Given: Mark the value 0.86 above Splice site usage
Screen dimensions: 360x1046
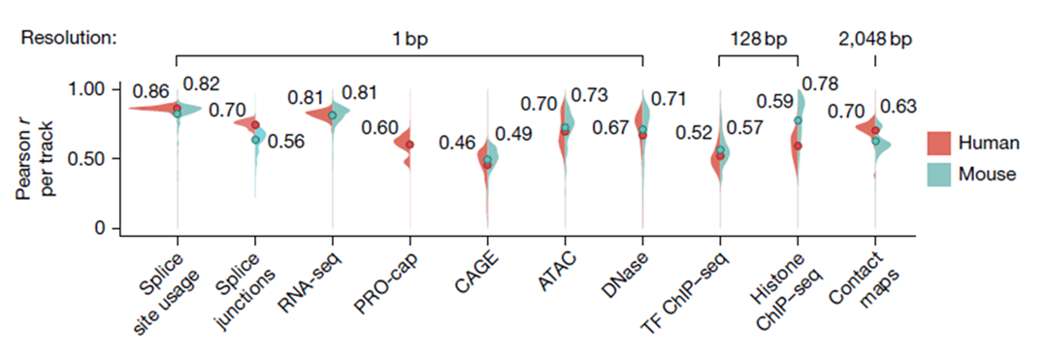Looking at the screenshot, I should tap(150, 92).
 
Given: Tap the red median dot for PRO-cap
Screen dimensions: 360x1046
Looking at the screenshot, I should tap(409, 145).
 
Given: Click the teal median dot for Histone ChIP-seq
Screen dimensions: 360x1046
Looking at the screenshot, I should tap(798, 120).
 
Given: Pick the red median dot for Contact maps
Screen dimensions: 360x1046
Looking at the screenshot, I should tap(875, 130).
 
